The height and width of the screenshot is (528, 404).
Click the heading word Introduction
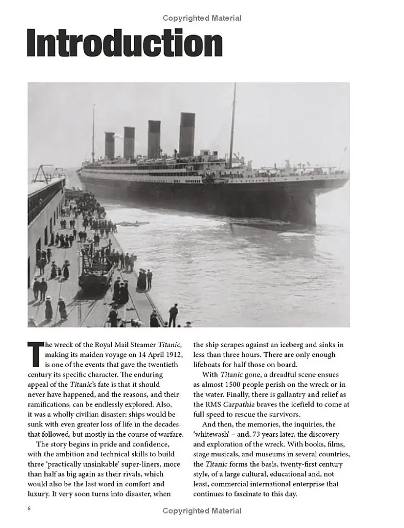tap(125, 43)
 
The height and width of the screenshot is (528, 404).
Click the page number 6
tap(29, 509)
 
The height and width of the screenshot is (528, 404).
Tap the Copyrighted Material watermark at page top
tap(201, 18)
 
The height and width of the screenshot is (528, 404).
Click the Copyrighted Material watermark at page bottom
tap(201, 510)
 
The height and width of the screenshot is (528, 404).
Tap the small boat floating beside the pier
tap(131, 224)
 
